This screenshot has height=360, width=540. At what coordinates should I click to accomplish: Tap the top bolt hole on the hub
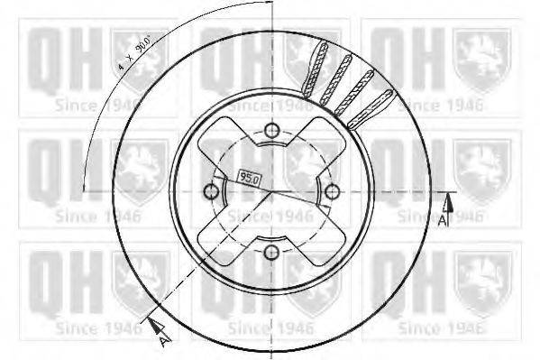[x=270, y=133]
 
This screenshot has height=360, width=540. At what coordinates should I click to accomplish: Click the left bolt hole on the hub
[x=211, y=191]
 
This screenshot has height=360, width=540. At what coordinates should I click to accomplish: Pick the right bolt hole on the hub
[x=330, y=191]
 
